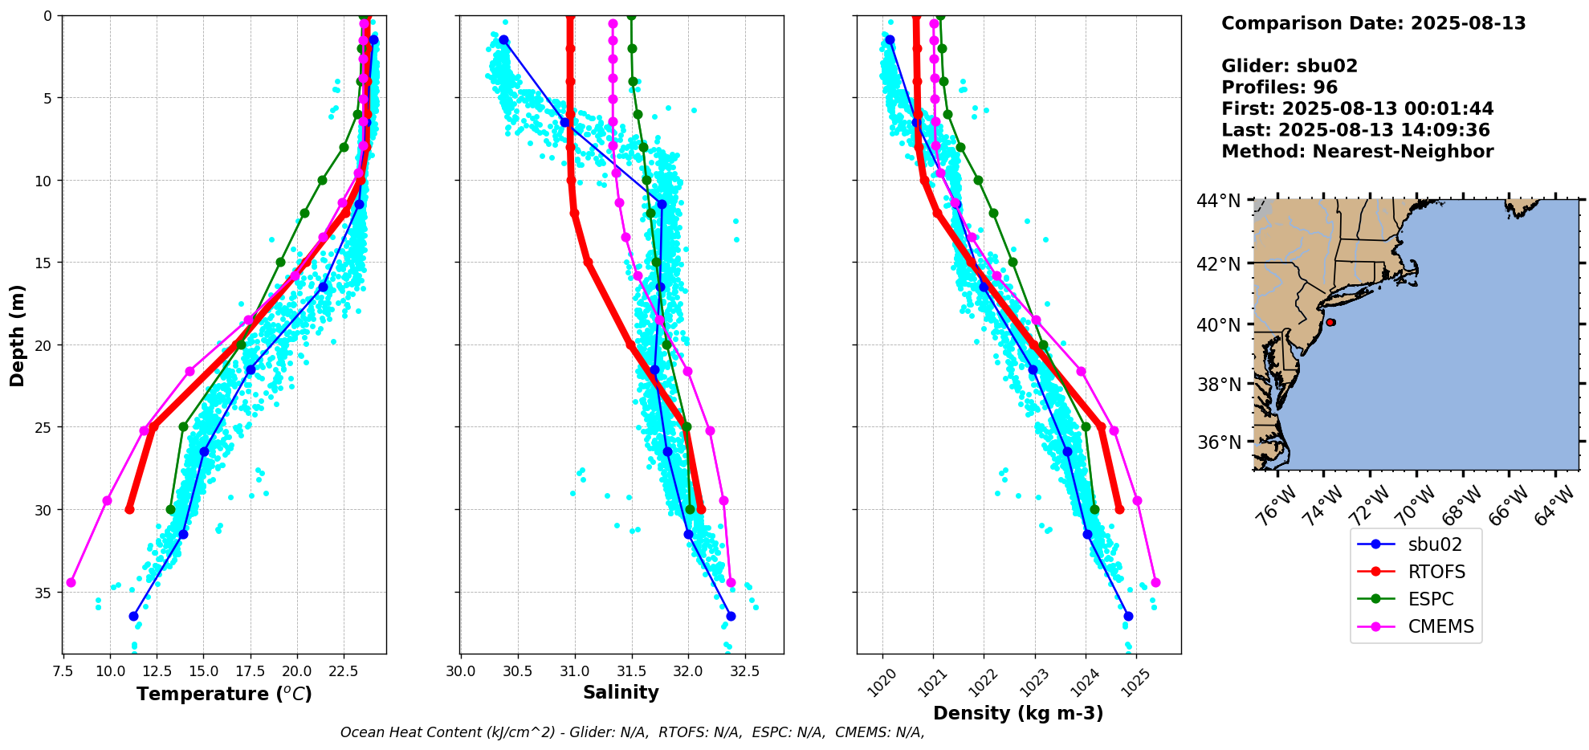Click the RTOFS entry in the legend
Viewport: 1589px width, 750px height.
click(x=1436, y=572)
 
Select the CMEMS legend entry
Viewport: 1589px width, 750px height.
click(x=1440, y=626)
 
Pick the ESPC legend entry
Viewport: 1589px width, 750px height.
click(x=1430, y=599)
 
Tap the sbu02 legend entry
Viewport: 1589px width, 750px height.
click(x=1434, y=544)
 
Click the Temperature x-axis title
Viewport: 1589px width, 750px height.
click(x=224, y=695)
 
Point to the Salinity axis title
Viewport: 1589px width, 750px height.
click(x=621, y=693)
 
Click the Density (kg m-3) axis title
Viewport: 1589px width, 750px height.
click(x=1017, y=713)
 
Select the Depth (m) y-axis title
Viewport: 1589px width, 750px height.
click(x=18, y=335)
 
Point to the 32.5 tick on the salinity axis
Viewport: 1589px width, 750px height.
click(x=744, y=670)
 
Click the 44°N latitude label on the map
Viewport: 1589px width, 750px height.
click(x=1219, y=201)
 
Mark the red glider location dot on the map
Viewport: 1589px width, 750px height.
click(x=1330, y=322)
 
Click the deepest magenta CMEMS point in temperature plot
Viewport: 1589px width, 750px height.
click(x=71, y=582)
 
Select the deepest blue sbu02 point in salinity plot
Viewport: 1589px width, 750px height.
click(x=731, y=616)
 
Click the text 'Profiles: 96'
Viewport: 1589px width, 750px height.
click(x=1279, y=88)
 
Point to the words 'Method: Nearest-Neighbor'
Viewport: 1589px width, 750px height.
click(x=1357, y=152)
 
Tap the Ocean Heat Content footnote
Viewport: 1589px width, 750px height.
click(x=632, y=732)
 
